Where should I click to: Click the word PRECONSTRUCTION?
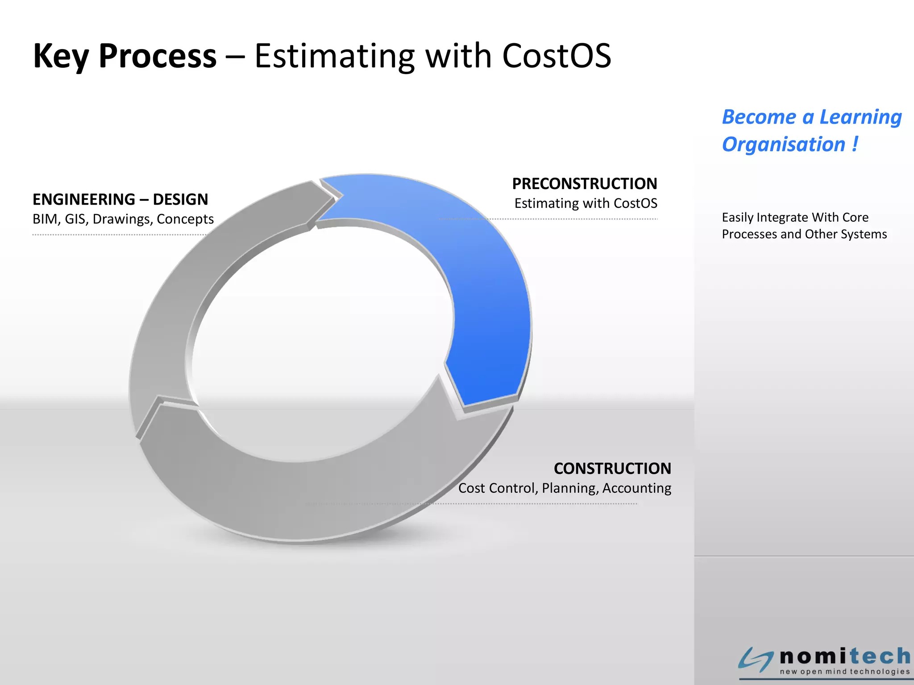[584, 184]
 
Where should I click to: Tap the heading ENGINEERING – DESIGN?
[120, 199]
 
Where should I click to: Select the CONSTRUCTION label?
[612, 469]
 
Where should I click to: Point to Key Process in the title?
[125, 56]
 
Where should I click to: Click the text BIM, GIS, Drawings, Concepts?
[123, 219]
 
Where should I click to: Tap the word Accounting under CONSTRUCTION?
[636, 488]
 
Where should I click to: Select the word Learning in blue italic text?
[860, 117]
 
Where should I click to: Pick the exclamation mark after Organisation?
[855, 144]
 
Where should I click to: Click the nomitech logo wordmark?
[845, 656]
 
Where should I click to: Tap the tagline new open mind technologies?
[844, 672]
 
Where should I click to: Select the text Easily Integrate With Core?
[795, 218]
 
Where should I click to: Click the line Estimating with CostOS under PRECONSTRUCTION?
[586, 203]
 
